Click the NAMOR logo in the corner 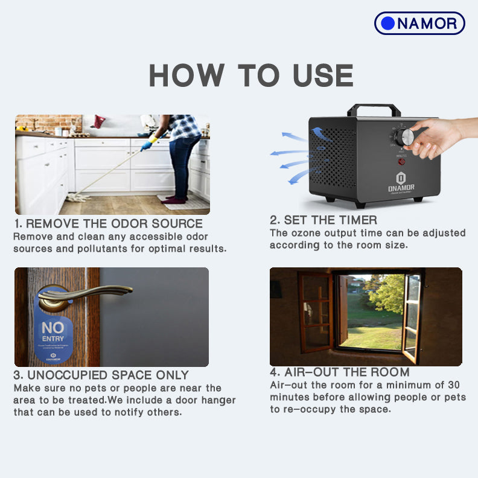pos(419,24)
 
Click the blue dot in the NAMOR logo pos(388,24)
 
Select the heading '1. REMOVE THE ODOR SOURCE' pos(108,224)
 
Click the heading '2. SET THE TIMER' pos(323,220)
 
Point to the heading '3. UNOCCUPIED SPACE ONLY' pos(101,375)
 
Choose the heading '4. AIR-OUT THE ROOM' pos(339,372)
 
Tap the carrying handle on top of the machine pos(374,109)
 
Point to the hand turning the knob pos(438,136)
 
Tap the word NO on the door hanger pos(53,328)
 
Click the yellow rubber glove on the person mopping pos(146,144)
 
